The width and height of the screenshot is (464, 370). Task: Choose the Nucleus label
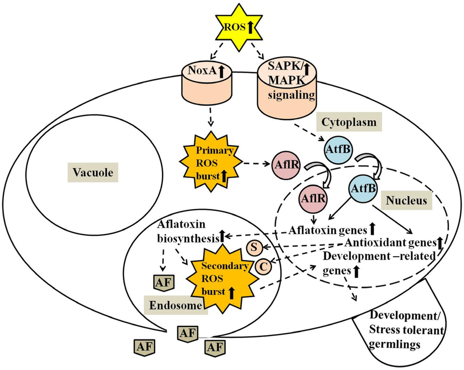click(x=406, y=200)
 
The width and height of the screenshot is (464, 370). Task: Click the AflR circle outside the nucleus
click(x=285, y=165)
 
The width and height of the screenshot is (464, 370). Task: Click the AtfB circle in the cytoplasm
click(x=338, y=149)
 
